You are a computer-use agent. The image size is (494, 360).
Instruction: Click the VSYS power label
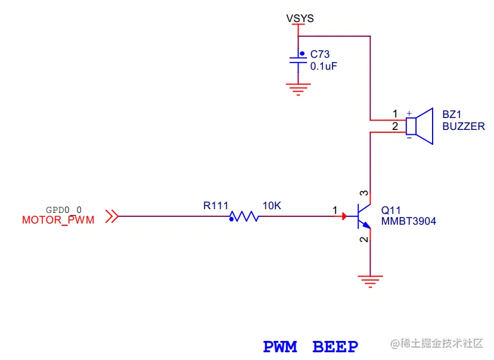(x=300, y=18)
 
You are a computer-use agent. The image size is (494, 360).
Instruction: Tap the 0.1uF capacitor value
(x=324, y=66)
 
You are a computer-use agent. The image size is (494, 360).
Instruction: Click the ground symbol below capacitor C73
(x=298, y=89)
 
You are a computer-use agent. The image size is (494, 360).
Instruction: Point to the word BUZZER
(x=463, y=126)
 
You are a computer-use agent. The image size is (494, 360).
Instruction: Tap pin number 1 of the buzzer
(x=394, y=114)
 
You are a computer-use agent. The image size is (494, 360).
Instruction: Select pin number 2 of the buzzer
(x=394, y=126)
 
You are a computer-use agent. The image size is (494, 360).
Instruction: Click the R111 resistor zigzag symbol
(x=244, y=217)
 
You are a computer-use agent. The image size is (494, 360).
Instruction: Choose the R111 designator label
(x=216, y=206)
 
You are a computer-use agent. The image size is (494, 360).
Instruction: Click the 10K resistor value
(x=271, y=206)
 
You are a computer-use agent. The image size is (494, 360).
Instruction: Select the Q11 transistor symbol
(x=363, y=217)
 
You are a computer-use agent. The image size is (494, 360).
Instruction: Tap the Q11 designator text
(x=391, y=210)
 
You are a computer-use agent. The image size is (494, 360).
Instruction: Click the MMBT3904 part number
(x=408, y=222)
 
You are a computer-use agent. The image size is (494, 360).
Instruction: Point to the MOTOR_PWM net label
(x=58, y=221)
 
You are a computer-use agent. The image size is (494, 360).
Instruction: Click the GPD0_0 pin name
(x=64, y=210)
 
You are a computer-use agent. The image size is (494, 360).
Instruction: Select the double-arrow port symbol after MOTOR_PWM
(x=111, y=217)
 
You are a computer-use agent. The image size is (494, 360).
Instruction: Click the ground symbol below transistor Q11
(x=370, y=280)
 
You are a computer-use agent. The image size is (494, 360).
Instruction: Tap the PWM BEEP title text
(x=310, y=346)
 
